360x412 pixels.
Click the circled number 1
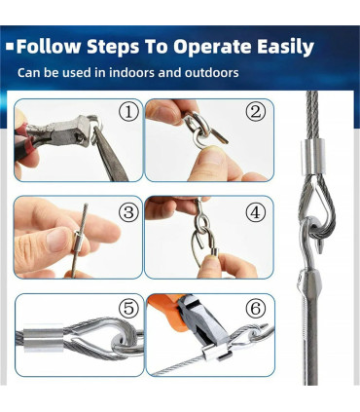click(128, 112)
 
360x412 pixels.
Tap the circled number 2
click(256, 112)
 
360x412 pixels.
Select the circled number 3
click(128, 212)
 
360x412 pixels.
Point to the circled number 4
click(256, 212)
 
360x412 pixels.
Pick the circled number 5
click(128, 309)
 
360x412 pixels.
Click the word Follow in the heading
click(49, 47)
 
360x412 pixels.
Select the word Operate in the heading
click(212, 48)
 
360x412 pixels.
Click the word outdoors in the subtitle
click(211, 72)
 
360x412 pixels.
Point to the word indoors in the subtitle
click(131, 72)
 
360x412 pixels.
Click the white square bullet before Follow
click(11, 47)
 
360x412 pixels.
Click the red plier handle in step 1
click(25, 139)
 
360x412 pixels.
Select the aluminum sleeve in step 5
click(43, 340)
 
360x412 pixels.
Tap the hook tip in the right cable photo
click(320, 249)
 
